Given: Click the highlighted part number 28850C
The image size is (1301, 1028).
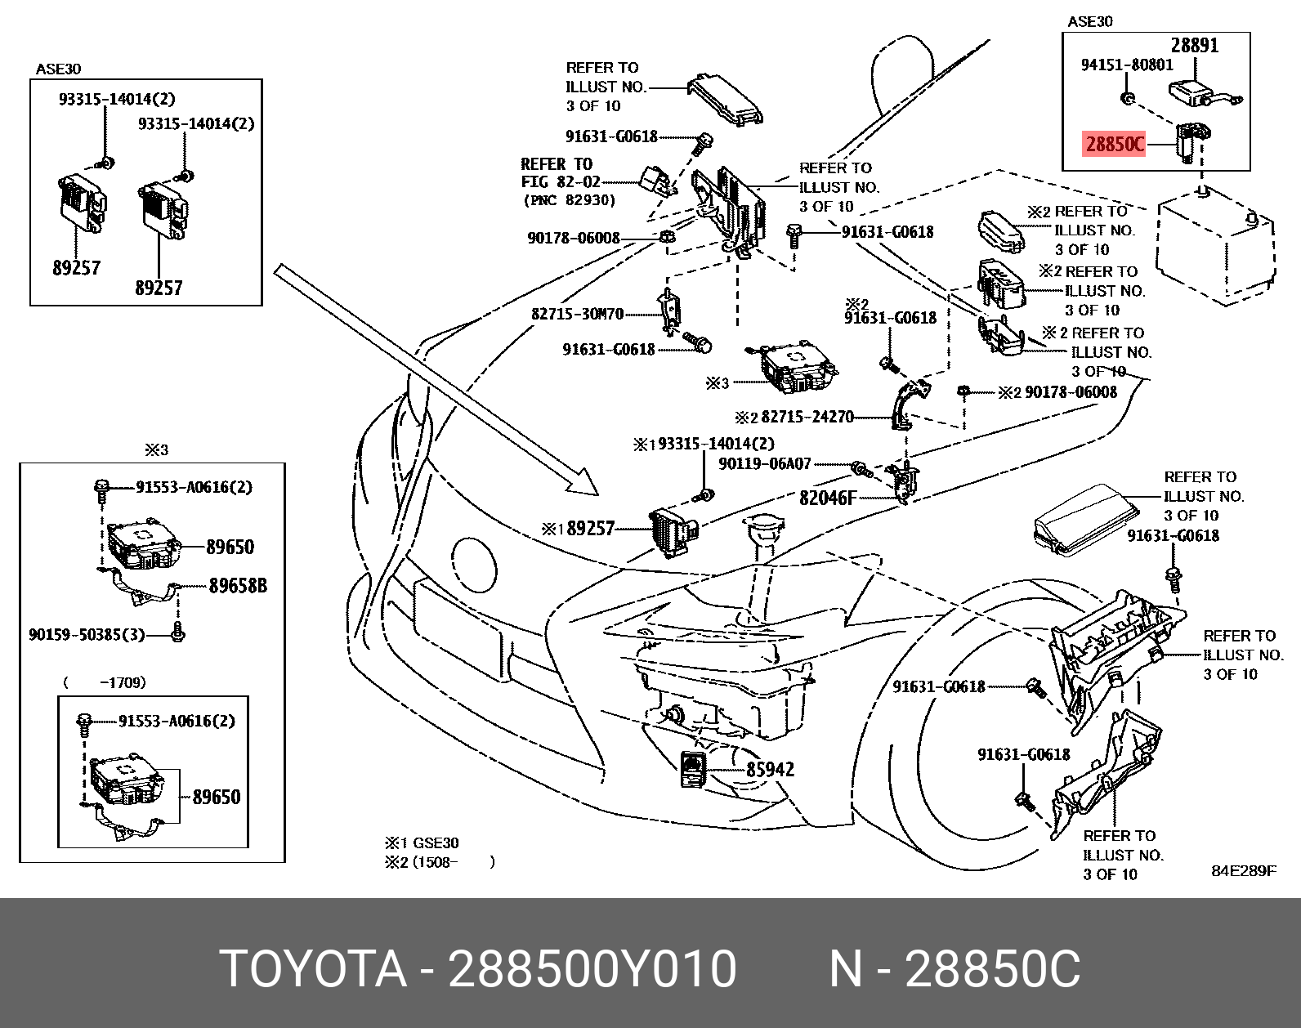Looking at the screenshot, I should coord(1114,145).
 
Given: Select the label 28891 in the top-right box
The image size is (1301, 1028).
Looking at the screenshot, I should coord(1194,46).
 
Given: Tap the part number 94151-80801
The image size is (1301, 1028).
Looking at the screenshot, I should coord(1127,65).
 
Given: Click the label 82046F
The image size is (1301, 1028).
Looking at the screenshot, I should coord(827,496).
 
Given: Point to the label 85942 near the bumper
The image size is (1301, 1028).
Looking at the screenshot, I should coord(770,769).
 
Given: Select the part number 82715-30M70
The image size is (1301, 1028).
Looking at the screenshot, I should coord(577,314).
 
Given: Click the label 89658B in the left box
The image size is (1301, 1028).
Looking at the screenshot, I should coord(238,585).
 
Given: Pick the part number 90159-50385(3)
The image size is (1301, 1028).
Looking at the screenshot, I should coord(87,633).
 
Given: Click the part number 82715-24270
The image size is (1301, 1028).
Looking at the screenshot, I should coord(807,418).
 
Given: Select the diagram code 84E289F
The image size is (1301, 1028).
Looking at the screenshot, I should coord(1243,870).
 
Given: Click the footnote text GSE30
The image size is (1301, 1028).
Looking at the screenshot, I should coord(435,843).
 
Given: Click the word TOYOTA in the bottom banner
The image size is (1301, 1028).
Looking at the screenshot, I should coord(314,970).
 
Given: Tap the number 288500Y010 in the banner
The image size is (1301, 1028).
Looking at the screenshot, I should coord(593,970).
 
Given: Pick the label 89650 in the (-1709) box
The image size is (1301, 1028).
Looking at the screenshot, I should coord(217,796).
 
